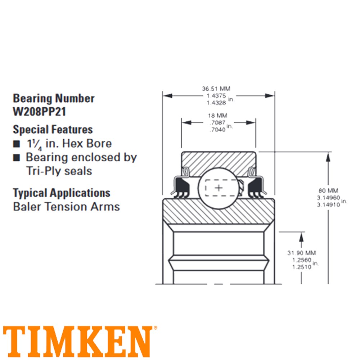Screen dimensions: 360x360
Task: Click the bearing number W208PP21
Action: [40, 111]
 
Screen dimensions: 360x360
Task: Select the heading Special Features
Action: [53, 129]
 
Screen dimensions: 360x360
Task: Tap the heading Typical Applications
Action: [62, 193]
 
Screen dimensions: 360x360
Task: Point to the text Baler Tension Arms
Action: [66, 207]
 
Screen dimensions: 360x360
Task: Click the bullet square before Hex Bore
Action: [16, 144]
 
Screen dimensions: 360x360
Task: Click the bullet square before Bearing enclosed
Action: [16, 158]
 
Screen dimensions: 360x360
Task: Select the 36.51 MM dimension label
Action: [216, 89]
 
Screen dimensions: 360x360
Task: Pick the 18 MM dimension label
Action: [216, 116]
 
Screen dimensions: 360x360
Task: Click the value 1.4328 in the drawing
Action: [216, 103]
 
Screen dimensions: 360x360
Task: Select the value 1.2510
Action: [301, 267]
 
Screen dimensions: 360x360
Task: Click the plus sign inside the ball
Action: [219, 188]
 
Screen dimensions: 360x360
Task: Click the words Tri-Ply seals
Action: [59, 171]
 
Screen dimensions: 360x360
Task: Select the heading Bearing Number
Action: [54, 98]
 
